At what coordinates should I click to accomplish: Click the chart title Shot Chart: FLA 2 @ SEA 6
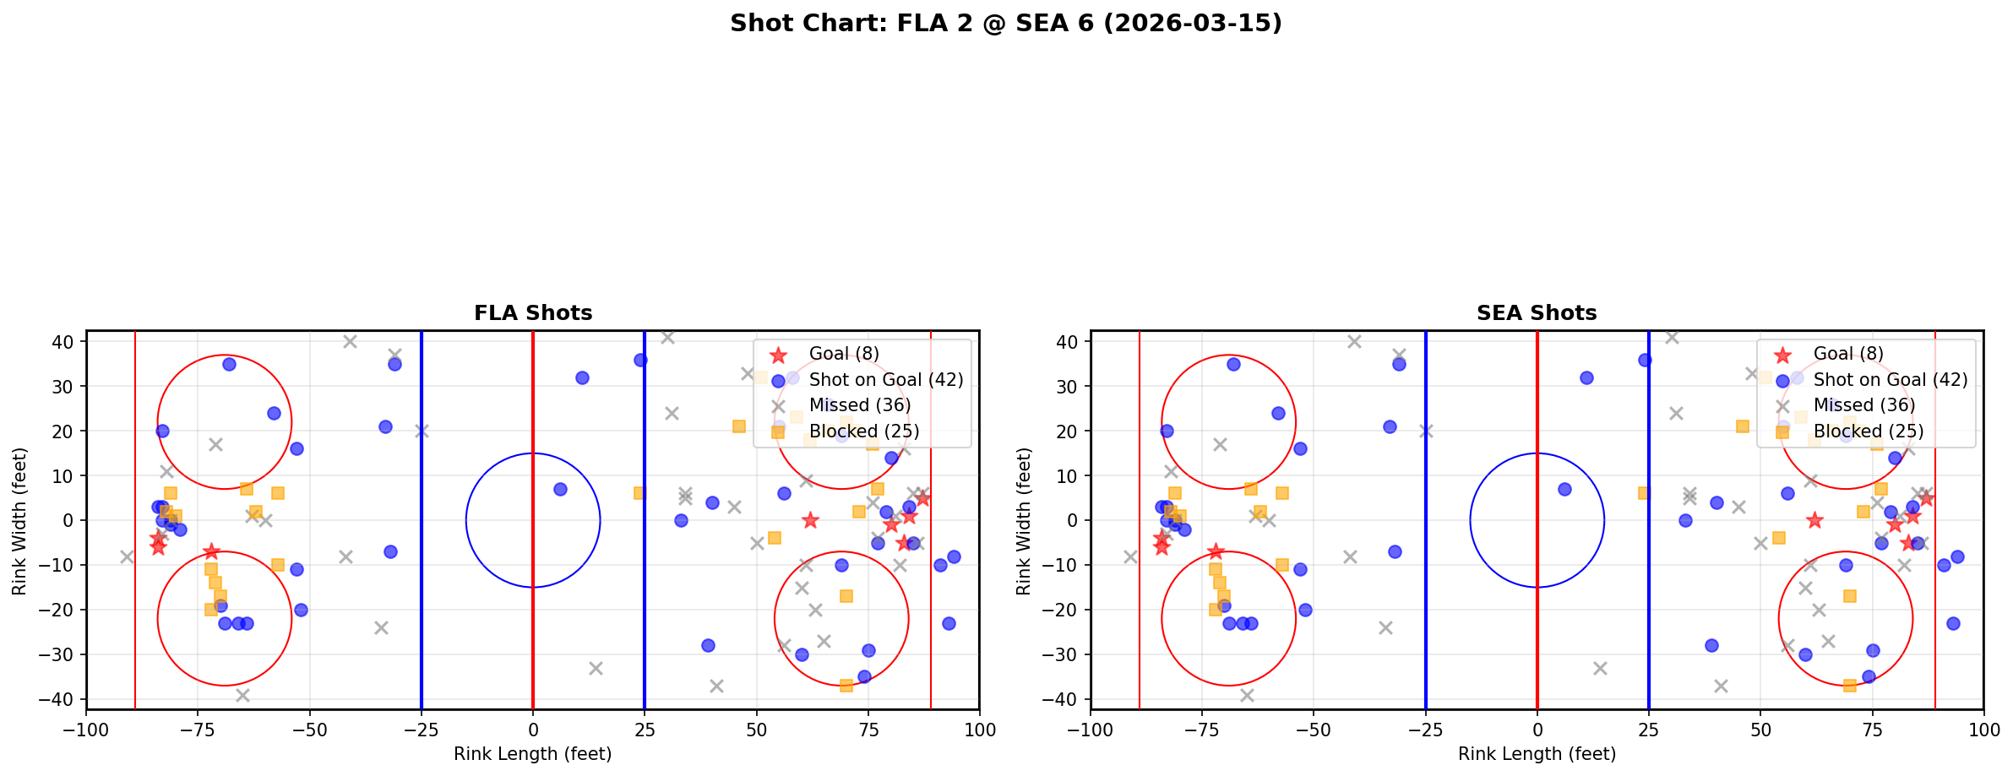1005,23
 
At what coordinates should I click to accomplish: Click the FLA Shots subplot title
533,313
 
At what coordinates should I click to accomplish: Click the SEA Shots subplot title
1537,313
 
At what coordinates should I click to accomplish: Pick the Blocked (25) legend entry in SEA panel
1868,431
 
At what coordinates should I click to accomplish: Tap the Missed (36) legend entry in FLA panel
859,405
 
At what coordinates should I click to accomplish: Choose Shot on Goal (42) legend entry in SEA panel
1890,380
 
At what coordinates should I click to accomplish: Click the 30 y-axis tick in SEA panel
1070,386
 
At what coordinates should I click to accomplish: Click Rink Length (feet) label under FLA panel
533,754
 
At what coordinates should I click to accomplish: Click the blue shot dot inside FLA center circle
560,489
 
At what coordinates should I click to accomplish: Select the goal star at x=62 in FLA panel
810,520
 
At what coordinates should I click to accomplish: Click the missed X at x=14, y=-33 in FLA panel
596,668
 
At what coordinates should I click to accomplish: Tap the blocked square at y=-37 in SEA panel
1849,685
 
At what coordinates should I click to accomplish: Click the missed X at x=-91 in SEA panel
1130,556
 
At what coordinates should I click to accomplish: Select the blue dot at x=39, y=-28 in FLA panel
708,645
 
